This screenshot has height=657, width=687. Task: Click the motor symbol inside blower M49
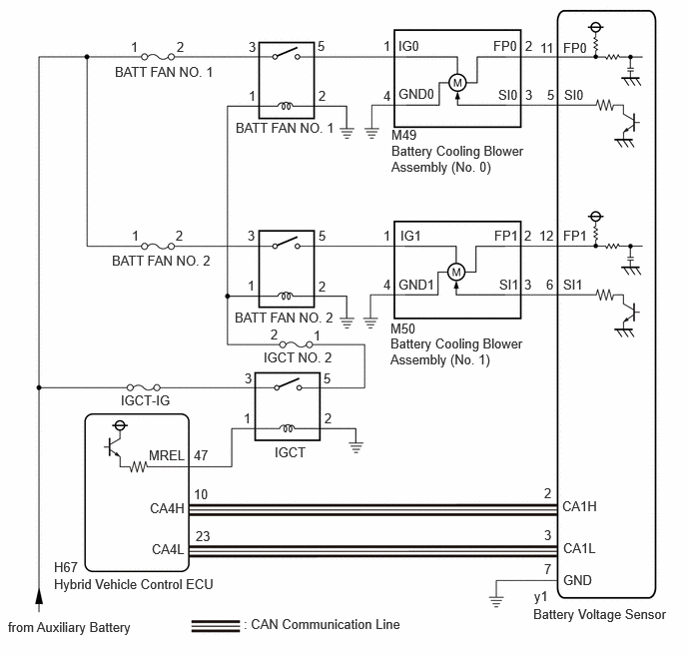[457, 83]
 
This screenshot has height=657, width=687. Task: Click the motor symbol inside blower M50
[456, 272]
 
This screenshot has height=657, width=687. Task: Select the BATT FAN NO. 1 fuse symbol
[158, 57]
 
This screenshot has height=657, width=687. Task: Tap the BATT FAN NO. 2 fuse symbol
[158, 247]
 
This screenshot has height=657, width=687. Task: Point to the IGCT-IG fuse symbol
[143, 387]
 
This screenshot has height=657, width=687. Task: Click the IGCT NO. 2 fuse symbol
[297, 344]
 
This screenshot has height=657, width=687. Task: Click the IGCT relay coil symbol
[288, 428]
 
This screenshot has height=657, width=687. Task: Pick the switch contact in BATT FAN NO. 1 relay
[287, 54]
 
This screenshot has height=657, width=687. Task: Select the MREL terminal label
[167, 455]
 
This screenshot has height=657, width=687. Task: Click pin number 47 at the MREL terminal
[201, 455]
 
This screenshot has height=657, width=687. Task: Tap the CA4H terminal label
[167, 508]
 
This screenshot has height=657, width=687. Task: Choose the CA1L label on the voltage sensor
[579, 548]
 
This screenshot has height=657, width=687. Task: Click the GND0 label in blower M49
[416, 94]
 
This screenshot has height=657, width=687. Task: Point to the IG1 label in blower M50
[410, 236]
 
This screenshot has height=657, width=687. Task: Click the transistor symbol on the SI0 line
[631, 122]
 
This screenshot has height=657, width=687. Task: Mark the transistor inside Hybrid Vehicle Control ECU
[112, 447]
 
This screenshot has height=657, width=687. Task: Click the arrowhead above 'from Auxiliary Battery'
[39, 596]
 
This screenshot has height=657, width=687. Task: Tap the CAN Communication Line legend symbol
[216, 625]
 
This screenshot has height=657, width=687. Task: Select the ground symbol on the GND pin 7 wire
[496, 601]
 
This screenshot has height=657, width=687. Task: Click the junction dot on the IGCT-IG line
[39, 387]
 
